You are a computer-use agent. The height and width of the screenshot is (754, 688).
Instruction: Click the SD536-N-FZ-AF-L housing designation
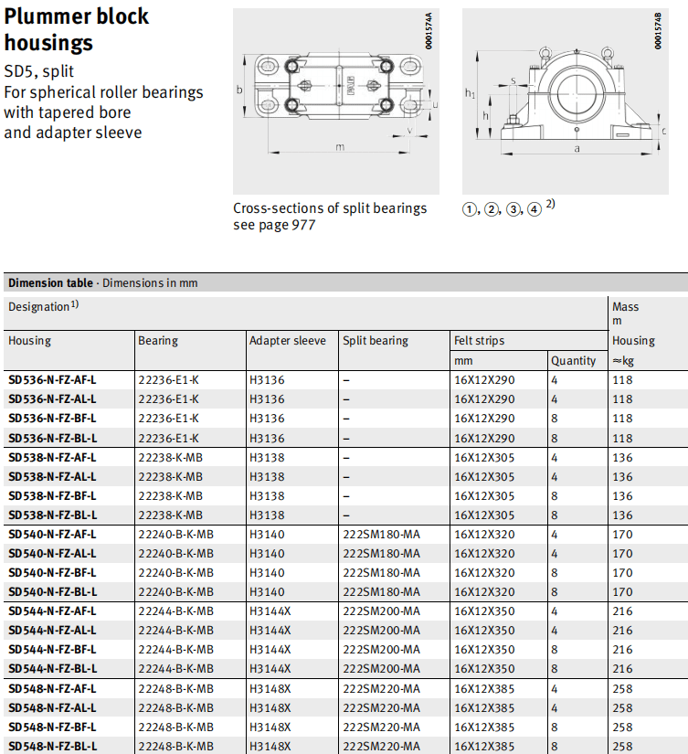point(52,379)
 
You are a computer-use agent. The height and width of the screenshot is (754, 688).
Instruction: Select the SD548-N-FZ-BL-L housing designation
point(52,746)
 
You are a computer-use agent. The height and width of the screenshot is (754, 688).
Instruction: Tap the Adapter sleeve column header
point(287,341)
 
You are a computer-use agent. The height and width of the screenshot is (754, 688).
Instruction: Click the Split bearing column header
point(376,341)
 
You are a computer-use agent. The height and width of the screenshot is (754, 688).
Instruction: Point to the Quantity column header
point(574,361)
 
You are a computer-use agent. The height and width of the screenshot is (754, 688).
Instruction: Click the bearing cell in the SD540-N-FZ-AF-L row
point(175,534)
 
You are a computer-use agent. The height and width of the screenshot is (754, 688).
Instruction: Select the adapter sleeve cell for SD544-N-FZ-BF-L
point(270,649)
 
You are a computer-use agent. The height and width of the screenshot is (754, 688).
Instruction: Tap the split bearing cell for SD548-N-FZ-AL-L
point(382,707)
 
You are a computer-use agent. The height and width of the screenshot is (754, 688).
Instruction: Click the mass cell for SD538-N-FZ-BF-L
point(622,495)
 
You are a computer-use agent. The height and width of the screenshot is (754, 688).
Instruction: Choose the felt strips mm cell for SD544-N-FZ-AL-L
point(484,631)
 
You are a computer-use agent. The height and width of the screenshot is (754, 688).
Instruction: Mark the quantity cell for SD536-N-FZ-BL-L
point(555,438)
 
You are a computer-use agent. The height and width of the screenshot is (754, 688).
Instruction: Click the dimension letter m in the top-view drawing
point(340,147)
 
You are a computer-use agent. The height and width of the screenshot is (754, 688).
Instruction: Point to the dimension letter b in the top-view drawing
point(238,90)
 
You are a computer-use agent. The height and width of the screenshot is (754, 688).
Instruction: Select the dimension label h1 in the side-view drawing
point(469,93)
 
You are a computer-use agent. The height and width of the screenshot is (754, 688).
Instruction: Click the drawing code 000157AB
point(659,31)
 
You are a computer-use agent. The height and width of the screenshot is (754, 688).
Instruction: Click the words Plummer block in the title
point(77,16)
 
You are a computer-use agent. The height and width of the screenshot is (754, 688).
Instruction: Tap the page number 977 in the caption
point(301,225)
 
